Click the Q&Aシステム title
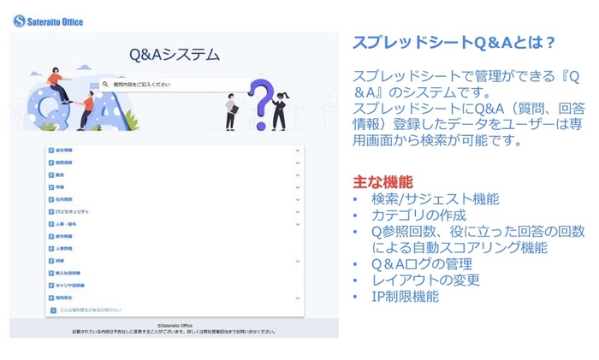point(174,56)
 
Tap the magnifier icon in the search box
point(105,85)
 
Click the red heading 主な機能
point(383,182)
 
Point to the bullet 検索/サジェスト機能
point(435,198)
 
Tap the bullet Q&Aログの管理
point(423,263)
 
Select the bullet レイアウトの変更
point(425,280)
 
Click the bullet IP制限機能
point(405,296)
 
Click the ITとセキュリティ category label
point(72,211)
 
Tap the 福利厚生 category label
point(65,298)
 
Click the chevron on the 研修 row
point(297,261)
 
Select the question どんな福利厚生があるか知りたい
point(90,310)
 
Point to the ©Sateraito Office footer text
point(174,326)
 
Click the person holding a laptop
point(230,109)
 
